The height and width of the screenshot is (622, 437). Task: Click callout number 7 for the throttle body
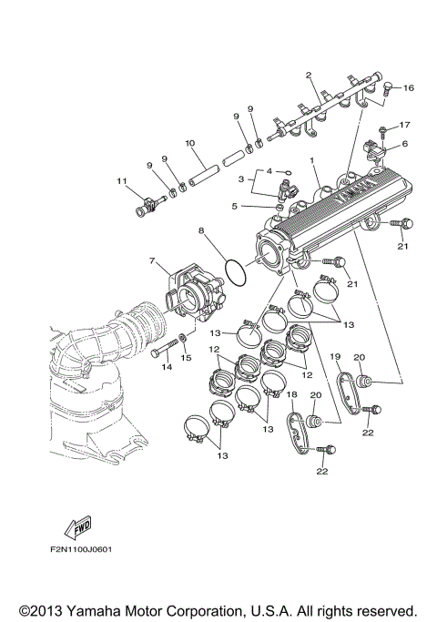click(x=152, y=261)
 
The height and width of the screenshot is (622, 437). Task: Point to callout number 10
click(x=190, y=143)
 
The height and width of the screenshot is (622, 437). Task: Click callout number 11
click(x=120, y=180)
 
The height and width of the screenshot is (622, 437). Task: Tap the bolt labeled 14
click(x=163, y=352)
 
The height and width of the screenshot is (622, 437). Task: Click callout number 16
click(x=409, y=88)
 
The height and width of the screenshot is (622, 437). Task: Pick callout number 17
click(x=406, y=125)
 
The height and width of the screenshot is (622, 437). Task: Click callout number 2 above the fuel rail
click(x=309, y=75)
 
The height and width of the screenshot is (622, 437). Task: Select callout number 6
click(x=405, y=143)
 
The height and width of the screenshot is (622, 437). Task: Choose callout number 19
click(x=334, y=357)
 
